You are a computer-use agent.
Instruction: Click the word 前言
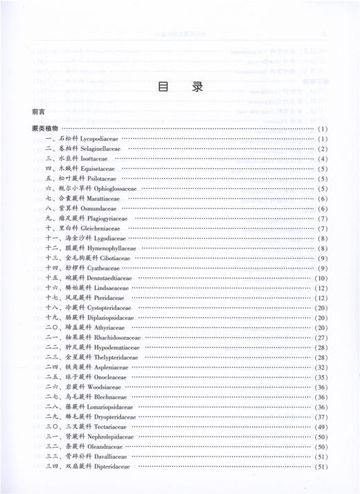[38, 111]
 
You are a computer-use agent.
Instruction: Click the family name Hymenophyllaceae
[111, 248]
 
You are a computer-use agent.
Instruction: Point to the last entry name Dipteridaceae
[104, 467]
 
